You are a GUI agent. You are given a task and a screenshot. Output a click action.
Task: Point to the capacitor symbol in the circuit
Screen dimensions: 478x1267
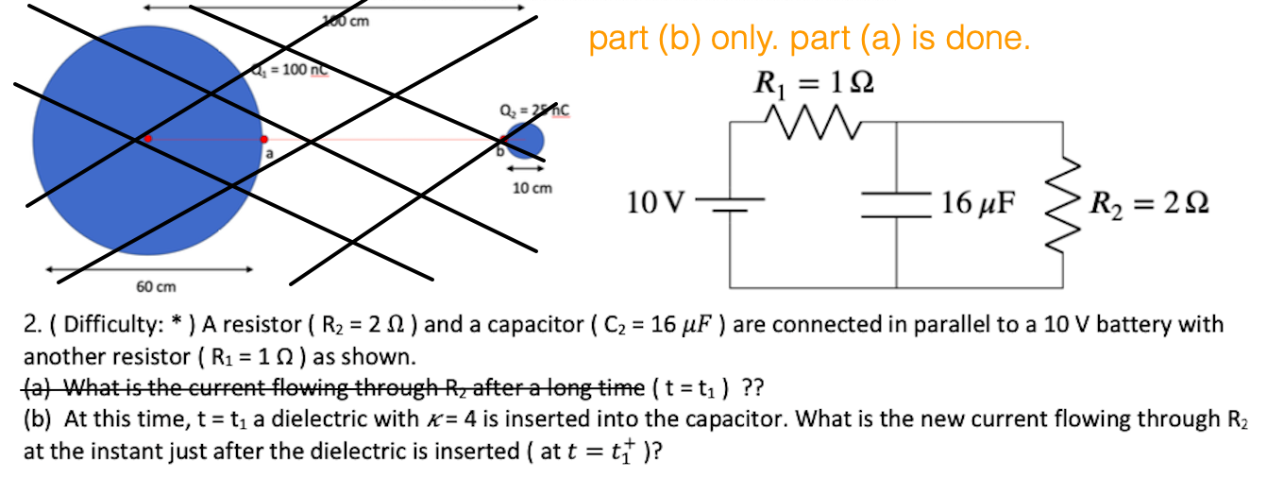(x=895, y=204)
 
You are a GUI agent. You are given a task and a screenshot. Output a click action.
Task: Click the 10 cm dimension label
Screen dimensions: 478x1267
(x=531, y=188)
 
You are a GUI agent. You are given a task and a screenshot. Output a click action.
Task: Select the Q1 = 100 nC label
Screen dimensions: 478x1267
(x=288, y=71)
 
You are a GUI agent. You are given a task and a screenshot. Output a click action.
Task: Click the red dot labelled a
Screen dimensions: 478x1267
(x=263, y=140)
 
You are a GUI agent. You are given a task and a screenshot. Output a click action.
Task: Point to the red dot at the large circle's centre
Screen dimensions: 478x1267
(x=147, y=139)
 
